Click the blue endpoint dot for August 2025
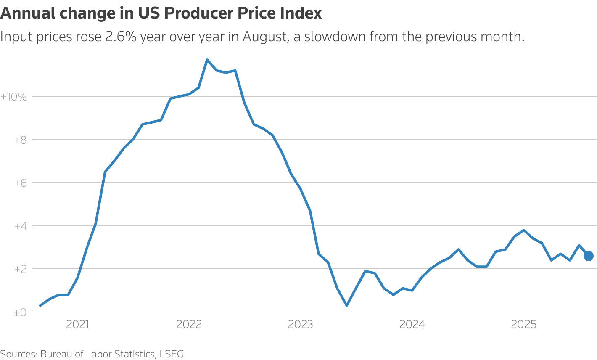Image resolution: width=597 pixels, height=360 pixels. pos(588,256)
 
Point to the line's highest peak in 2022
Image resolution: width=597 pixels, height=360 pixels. pos(207,60)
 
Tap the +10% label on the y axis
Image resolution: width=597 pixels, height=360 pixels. pos(13,97)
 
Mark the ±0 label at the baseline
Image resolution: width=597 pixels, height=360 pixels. pos(20,312)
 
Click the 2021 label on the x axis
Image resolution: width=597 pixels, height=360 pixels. pos(78,324)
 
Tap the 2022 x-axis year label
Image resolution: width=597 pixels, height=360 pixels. pos(189,324)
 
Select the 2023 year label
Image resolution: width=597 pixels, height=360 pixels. pos(301,324)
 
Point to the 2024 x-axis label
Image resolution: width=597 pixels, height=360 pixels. pos(412,324)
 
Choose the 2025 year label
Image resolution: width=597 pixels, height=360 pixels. pos(523,324)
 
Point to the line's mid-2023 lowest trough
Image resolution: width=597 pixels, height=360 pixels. pos(346,305)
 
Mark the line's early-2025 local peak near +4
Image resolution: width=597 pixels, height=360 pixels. pos(523,230)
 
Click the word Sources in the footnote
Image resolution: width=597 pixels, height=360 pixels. pos(18,354)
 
